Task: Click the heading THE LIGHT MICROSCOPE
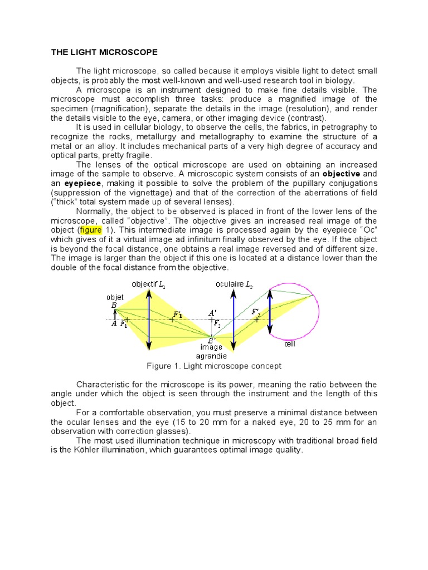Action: coord(104,52)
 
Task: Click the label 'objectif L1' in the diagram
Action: coord(148,284)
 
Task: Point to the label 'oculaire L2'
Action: coord(234,284)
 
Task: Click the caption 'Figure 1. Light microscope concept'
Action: coord(214,366)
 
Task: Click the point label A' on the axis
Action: coord(213,313)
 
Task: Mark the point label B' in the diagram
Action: coord(212,341)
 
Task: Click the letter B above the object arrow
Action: coord(114,305)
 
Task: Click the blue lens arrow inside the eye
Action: coord(270,312)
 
